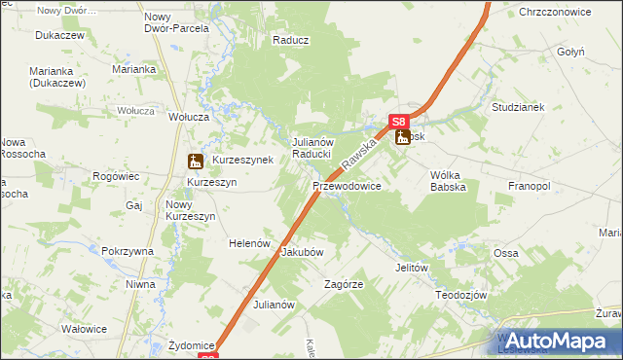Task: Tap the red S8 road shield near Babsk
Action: (x=399, y=122)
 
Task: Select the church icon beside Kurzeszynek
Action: (x=195, y=161)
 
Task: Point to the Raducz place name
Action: (x=291, y=41)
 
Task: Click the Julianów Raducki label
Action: (x=313, y=148)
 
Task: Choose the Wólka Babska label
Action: (x=448, y=181)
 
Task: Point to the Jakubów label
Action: (x=302, y=251)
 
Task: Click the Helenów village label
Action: (x=248, y=243)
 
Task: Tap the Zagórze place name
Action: (x=344, y=285)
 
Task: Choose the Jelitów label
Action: (x=413, y=267)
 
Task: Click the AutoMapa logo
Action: (x=558, y=341)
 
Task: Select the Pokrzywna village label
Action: (x=128, y=251)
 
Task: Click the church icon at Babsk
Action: (x=403, y=138)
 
